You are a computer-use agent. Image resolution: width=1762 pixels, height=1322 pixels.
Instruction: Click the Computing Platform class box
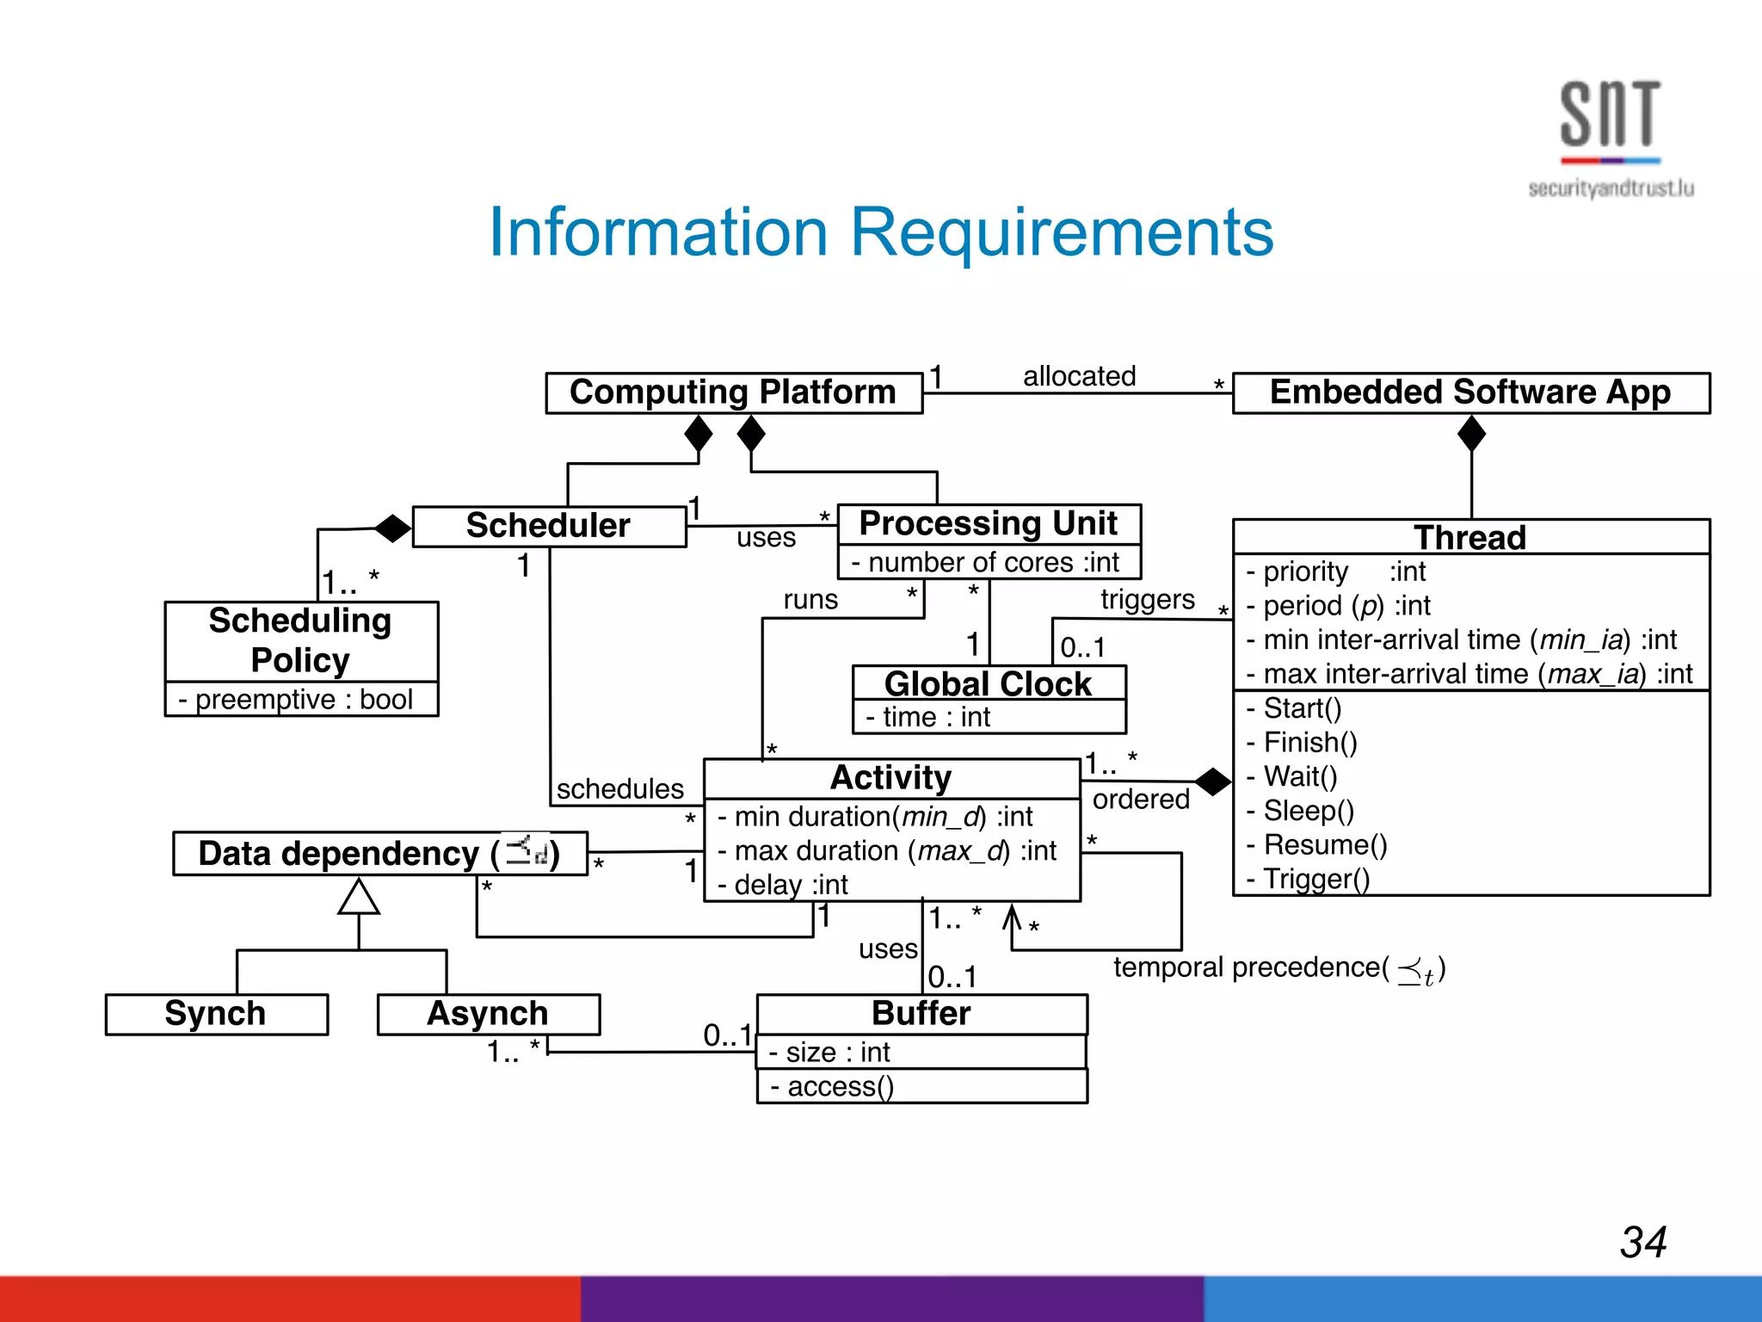(x=733, y=392)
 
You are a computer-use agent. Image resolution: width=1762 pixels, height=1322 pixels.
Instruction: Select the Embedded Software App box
(x=1470, y=392)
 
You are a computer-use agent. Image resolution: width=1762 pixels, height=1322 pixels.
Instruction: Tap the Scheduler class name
(x=548, y=526)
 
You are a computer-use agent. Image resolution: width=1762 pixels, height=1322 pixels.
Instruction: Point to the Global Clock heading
(x=988, y=683)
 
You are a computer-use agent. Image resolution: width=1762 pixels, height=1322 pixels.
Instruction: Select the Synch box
(x=216, y=1014)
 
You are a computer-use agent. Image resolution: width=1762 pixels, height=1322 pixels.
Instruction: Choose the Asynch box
(x=488, y=1014)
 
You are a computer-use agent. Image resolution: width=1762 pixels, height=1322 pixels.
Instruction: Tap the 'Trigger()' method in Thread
(x=1315, y=879)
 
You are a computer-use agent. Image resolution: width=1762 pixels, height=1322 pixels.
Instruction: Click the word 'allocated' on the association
(x=1079, y=376)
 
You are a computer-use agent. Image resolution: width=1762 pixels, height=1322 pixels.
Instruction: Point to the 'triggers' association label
(x=1148, y=599)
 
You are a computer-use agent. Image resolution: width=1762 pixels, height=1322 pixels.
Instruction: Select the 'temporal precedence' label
(x=1250, y=967)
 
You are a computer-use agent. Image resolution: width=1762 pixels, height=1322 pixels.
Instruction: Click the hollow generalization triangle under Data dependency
(x=359, y=898)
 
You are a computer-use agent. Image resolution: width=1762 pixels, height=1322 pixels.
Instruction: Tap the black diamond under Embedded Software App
(x=1471, y=434)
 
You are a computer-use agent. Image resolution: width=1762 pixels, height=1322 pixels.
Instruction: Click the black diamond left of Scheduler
(x=393, y=528)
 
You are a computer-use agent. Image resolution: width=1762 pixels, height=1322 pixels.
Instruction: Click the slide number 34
(x=1642, y=1242)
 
